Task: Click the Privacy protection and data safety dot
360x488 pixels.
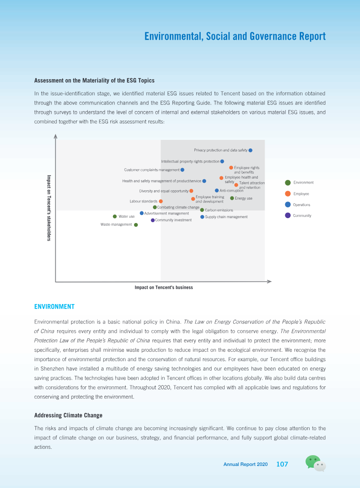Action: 250,150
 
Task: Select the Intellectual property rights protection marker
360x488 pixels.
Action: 222,161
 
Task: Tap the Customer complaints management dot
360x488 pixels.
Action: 182,170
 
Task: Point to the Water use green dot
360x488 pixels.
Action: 115,217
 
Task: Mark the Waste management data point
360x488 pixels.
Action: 136,225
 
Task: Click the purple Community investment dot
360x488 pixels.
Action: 153,220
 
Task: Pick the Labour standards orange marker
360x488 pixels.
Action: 161,201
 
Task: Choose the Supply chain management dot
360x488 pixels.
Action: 202,217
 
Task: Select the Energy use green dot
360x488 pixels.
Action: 232,198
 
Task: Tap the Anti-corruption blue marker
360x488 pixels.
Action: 217,190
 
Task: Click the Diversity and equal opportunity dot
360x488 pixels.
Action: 191,191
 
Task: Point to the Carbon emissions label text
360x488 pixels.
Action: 219,210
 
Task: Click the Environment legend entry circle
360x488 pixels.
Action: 288,183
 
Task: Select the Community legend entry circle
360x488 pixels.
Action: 288,215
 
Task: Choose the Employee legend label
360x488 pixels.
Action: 301,194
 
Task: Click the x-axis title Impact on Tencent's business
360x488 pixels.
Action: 163,287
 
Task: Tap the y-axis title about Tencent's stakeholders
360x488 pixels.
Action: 49,208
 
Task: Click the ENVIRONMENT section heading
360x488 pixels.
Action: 54,307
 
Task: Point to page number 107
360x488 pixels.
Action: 282,464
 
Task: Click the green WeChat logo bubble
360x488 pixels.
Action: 312,461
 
